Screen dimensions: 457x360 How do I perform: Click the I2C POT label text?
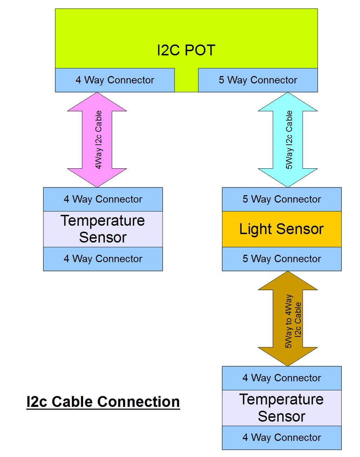click(186, 50)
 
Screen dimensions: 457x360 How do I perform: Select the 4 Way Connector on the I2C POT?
click(115, 80)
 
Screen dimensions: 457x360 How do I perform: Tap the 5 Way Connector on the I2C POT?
click(258, 80)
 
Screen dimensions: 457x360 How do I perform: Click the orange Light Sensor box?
click(281, 229)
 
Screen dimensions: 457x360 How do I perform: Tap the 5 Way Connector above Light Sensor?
click(281, 199)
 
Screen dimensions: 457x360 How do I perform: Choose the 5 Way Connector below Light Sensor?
click(281, 259)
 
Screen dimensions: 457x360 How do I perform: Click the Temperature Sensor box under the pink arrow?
click(103, 229)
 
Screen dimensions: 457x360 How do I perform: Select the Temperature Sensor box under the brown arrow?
click(281, 408)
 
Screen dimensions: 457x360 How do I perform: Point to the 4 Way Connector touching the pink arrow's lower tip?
click(103, 199)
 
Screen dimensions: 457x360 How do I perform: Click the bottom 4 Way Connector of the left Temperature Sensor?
click(103, 259)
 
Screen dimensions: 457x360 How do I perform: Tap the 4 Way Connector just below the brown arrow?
click(281, 378)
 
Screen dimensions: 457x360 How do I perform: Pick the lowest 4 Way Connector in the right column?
click(281, 438)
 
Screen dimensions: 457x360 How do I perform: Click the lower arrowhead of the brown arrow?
click(287, 356)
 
